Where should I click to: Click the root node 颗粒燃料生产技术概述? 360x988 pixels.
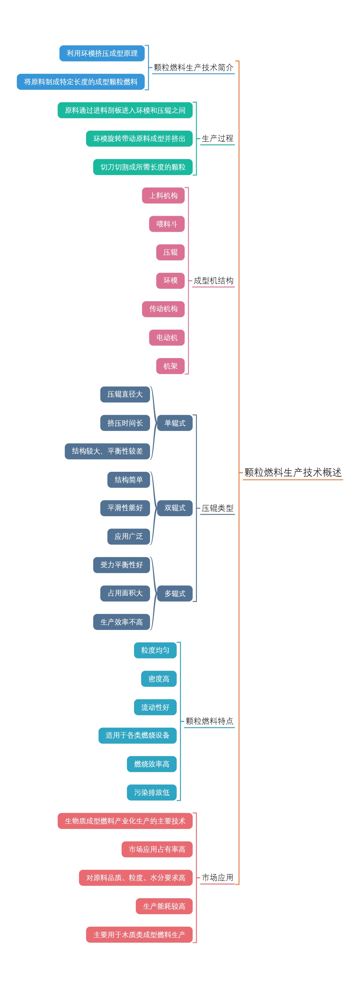(292, 472)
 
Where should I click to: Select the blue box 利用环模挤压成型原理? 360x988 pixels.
(102, 53)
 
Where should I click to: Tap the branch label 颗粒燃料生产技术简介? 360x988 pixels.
(193, 68)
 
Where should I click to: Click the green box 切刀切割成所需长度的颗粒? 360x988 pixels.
(142, 167)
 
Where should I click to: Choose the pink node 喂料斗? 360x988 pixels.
(166, 224)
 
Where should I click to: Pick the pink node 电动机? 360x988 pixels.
(166, 338)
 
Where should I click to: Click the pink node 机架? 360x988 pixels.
(170, 366)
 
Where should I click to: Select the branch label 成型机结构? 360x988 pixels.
(213, 280)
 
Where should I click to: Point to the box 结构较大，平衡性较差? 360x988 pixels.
(107, 451)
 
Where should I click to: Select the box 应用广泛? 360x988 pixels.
(128, 536)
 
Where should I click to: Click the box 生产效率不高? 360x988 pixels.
(121, 622)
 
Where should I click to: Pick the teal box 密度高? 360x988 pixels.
(159, 679)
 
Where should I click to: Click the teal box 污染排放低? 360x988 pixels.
(151, 792)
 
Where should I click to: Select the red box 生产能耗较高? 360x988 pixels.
(164, 906)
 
